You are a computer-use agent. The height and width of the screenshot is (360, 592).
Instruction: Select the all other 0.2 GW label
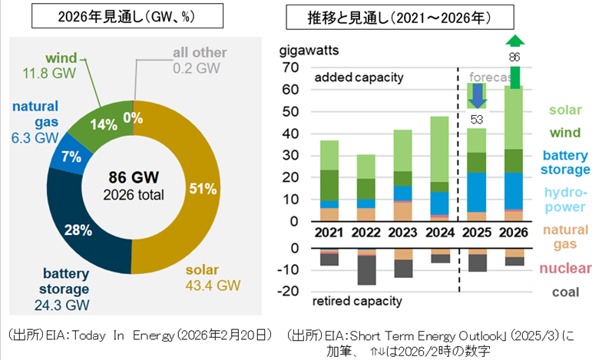(x=198, y=60)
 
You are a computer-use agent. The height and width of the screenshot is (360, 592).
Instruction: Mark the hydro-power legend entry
(x=567, y=199)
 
